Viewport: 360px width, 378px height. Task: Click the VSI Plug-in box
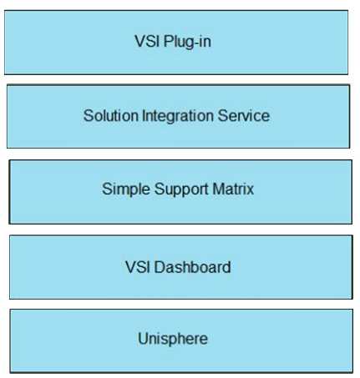(x=176, y=43)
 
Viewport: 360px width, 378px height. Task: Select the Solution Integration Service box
(x=178, y=116)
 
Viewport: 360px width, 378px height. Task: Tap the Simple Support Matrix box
(x=180, y=192)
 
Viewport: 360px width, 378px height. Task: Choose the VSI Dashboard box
(x=181, y=267)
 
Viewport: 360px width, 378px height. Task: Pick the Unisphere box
(x=181, y=340)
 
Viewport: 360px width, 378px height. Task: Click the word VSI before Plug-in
(x=147, y=41)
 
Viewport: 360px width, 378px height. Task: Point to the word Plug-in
(x=187, y=42)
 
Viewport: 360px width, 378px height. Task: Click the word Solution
(x=111, y=115)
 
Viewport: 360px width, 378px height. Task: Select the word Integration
(x=178, y=116)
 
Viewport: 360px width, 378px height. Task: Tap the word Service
(x=244, y=115)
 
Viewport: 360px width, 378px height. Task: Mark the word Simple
(x=126, y=189)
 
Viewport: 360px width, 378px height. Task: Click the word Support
(x=181, y=189)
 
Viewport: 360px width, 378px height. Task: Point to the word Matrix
(x=233, y=189)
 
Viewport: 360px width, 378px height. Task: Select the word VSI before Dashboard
(x=138, y=267)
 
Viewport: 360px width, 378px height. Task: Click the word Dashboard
(x=192, y=267)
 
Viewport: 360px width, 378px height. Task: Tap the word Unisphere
(x=173, y=340)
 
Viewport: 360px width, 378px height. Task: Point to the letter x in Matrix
(x=250, y=190)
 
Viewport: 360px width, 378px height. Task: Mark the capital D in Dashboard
(x=160, y=267)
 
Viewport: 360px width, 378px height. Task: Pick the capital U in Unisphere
(x=144, y=339)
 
